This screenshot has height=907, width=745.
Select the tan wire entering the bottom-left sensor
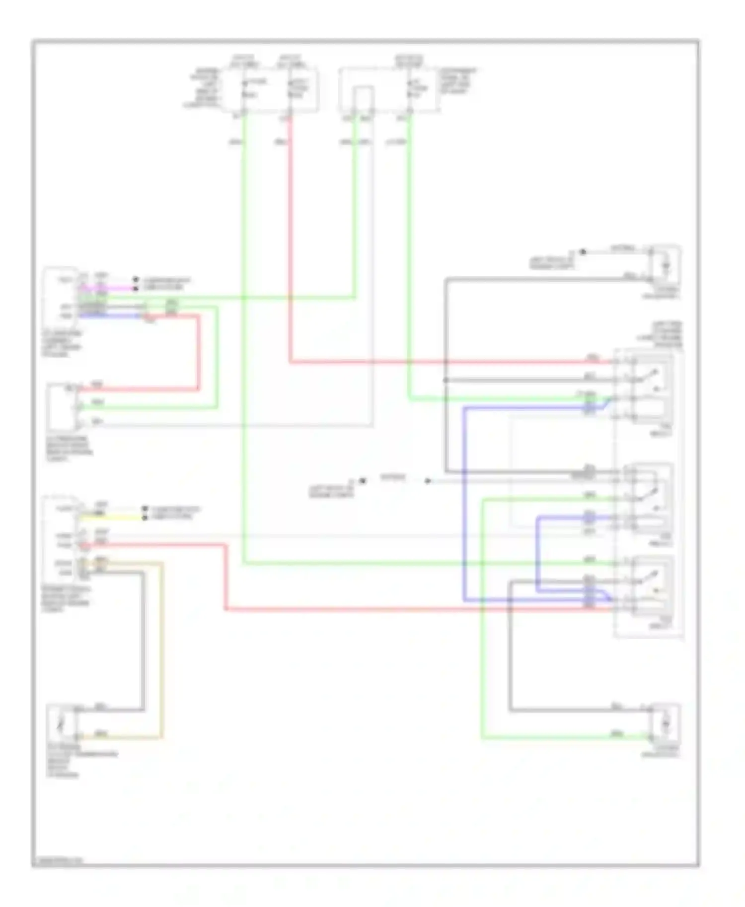click(161, 645)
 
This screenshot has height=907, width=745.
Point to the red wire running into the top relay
click(447, 362)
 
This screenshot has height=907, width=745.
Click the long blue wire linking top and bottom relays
click(464, 496)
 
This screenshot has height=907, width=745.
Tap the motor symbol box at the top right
click(666, 266)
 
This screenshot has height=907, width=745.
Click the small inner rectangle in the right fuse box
click(364, 98)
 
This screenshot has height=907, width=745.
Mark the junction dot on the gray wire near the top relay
click(446, 380)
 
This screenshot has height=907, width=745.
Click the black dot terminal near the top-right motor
click(583, 252)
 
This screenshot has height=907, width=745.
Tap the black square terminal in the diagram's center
click(363, 480)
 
